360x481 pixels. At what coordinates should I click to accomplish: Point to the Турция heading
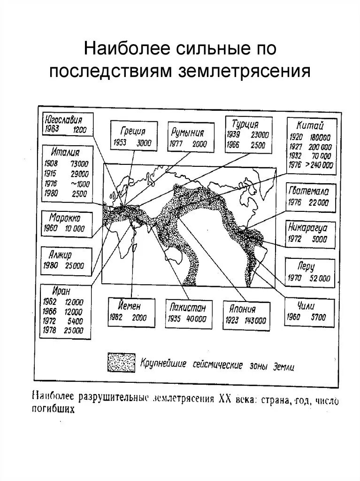pos(245,124)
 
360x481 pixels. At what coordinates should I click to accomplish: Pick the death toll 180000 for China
pos(319,137)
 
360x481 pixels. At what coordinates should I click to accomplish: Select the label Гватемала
pos(308,191)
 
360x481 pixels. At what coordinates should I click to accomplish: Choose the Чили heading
pos(306,305)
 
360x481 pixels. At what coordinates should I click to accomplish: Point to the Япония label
pos(243,309)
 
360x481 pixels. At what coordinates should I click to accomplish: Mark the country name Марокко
pos(64,218)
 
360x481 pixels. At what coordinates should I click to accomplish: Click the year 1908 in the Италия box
pos(51,164)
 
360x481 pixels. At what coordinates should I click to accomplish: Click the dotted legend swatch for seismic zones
pos(121,362)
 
